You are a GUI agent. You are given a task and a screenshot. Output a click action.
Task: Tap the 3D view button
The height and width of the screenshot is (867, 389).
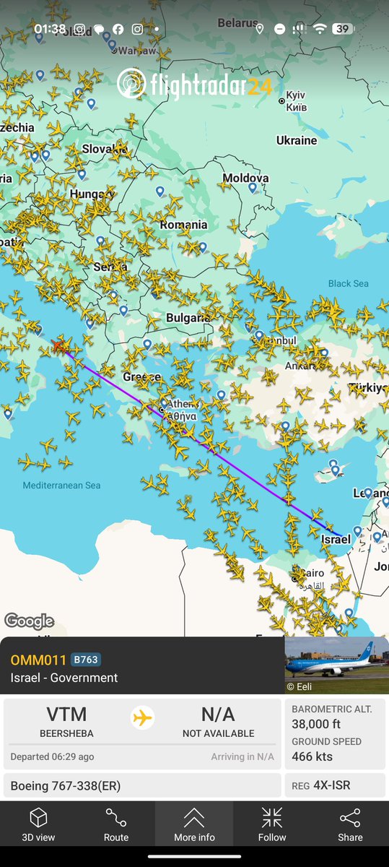(38, 825)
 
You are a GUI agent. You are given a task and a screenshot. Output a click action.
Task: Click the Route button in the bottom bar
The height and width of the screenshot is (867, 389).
(116, 825)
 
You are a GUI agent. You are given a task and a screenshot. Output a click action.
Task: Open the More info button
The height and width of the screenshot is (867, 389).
(194, 825)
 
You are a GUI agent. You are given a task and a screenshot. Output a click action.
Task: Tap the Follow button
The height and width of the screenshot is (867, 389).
(272, 825)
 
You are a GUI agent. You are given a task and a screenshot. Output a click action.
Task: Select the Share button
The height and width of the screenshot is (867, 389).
(350, 825)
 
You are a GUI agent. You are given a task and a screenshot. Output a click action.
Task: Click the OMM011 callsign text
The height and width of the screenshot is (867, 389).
(38, 660)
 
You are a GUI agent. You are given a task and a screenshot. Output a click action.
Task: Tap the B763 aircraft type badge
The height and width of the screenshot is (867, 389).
(85, 660)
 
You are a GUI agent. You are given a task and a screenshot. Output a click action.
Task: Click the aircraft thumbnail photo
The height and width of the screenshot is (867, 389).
(336, 665)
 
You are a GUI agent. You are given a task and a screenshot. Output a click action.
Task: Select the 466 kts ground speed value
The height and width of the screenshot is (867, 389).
(312, 756)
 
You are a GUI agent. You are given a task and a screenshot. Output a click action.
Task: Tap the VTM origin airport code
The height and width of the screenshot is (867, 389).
(66, 715)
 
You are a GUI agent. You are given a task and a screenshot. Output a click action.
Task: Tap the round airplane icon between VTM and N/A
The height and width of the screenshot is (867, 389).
(143, 718)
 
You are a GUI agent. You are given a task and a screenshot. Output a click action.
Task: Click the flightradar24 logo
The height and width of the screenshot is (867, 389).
(194, 84)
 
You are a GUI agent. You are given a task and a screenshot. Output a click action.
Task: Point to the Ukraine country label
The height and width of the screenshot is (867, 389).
(296, 140)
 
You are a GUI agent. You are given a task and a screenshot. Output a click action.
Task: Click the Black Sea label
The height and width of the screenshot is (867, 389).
(348, 283)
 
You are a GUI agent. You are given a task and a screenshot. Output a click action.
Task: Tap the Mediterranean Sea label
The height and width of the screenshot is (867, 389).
(61, 486)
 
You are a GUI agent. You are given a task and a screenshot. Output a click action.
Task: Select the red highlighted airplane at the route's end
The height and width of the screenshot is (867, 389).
(59, 345)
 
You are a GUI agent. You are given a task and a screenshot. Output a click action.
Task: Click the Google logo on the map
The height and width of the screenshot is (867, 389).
(29, 621)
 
